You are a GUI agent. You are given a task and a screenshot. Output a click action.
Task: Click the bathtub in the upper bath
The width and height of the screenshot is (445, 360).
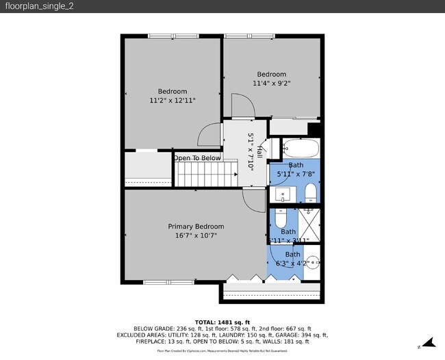point(300,149)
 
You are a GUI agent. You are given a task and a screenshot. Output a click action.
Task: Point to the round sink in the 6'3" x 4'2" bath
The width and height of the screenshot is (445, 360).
point(312,261)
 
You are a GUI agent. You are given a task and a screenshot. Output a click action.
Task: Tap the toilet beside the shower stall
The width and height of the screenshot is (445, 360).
point(281,220)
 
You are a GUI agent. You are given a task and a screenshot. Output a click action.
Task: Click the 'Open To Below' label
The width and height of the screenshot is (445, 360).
point(197,158)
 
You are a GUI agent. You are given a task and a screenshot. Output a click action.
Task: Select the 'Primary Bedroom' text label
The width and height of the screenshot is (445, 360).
point(196,227)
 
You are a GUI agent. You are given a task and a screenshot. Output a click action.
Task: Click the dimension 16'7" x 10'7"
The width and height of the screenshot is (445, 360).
point(196,236)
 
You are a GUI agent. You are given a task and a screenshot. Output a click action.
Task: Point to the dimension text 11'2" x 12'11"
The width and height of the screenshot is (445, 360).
point(173,101)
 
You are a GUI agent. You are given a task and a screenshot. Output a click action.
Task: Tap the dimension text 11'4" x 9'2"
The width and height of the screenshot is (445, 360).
point(272,83)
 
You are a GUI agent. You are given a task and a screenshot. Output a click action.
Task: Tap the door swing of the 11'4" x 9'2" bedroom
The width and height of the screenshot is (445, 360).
point(243,104)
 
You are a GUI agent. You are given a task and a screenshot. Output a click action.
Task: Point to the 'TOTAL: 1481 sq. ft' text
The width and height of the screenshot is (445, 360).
point(222,322)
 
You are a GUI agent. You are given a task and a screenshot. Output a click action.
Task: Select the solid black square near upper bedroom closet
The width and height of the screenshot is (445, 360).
point(314,129)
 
